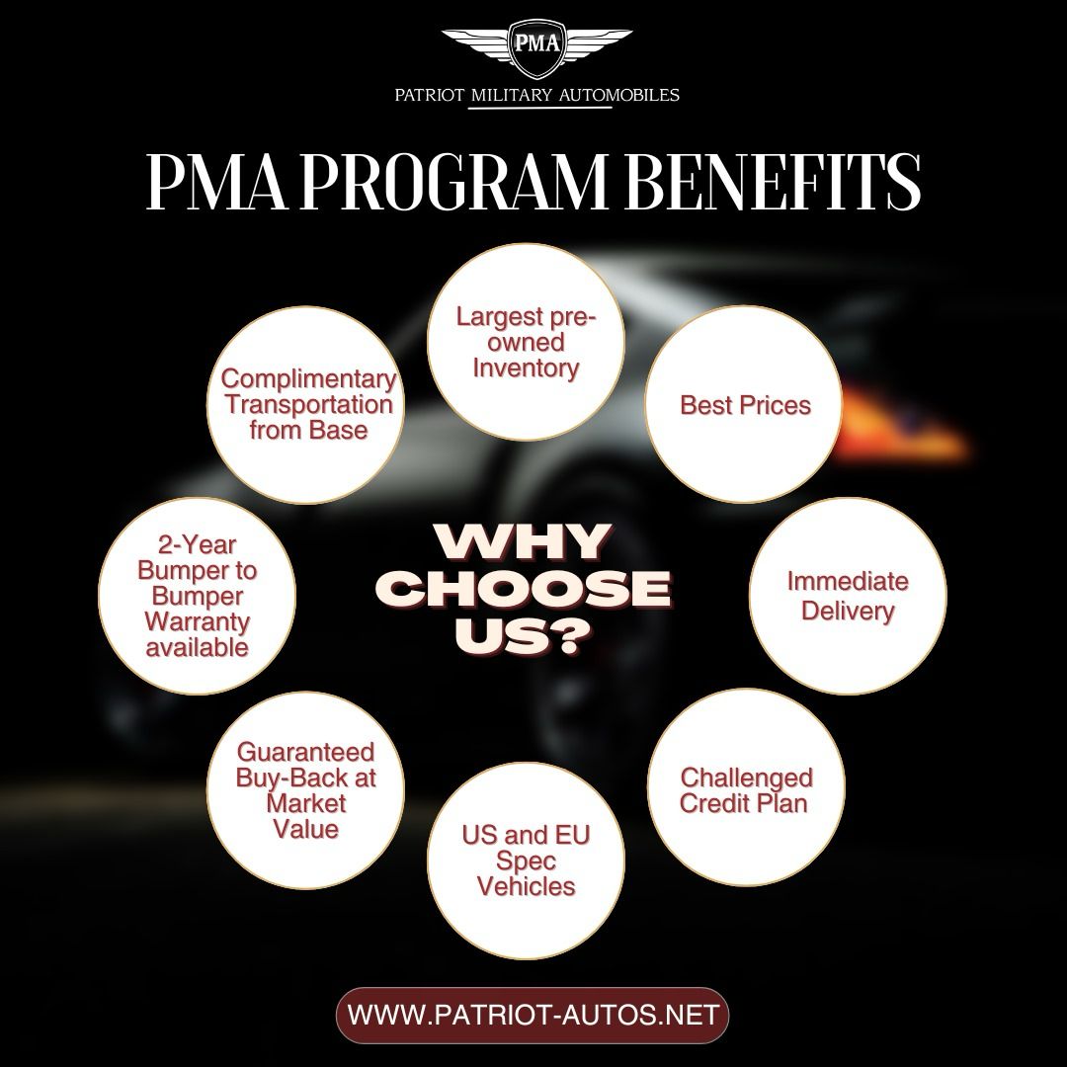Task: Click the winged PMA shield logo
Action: [x=536, y=48]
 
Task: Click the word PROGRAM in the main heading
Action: [x=453, y=182]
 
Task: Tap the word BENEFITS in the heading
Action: [x=773, y=182]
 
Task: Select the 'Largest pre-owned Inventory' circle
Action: [x=526, y=342]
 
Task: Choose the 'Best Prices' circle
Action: [x=744, y=405]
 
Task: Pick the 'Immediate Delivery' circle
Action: [x=848, y=596]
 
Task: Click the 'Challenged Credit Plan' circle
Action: [x=746, y=788]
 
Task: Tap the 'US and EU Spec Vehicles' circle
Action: [x=526, y=861]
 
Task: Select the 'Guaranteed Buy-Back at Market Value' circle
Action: [x=306, y=790]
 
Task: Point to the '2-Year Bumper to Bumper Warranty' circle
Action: [x=198, y=596]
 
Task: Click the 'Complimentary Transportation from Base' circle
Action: [x=306, y=405]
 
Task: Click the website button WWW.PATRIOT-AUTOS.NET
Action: [x=533, y=1016]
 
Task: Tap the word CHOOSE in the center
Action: [x=524, y=589]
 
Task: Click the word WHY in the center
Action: [x=522, y=541]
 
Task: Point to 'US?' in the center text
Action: [x=522, y=637]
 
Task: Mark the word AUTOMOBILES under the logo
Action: [x=618, y=95]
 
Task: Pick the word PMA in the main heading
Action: [x=217, y=182]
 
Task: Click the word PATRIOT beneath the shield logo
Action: [x=429, y=95]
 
